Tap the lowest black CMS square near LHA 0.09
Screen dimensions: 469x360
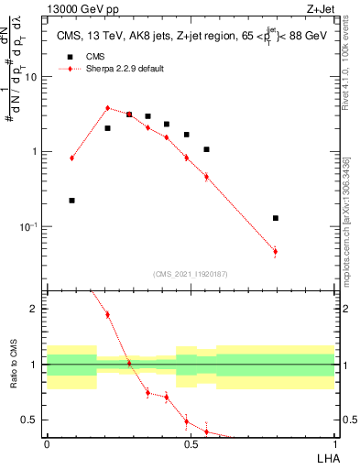point(72,200)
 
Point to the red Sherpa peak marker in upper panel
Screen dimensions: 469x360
point(107,108)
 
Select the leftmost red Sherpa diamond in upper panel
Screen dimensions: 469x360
point(72,158)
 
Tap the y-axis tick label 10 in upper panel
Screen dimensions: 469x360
point(31,77)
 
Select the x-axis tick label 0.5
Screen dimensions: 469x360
point(191,443)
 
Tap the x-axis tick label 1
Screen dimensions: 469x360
point(334,443)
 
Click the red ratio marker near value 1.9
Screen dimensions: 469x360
point(107,314)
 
